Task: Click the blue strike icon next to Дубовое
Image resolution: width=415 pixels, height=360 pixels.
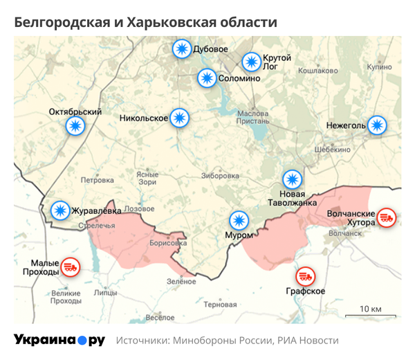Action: coord(182,49)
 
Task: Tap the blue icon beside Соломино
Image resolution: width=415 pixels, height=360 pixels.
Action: coord(206,78)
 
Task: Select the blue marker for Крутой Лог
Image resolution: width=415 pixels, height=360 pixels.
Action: coord(251,61)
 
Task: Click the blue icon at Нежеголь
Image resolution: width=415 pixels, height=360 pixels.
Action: coord(377,125)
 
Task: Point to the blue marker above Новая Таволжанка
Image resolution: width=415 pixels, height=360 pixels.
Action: coord(293,179)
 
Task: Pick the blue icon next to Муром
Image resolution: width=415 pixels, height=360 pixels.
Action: coord(239,221)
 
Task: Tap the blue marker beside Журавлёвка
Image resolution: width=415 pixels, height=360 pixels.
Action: coord(61,210)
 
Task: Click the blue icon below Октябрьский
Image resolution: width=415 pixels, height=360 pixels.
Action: coord(75,126)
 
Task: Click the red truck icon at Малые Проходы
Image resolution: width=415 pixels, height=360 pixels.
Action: coord(70,266)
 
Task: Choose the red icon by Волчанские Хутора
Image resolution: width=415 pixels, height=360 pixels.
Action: coord(387,218)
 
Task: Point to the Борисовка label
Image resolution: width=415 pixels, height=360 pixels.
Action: coord(167,243)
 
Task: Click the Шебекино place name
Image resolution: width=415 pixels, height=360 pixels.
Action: coord(332,149)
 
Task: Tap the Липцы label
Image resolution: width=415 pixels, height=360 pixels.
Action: coord(105,292)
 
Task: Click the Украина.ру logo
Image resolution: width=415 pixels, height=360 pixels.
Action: coord(59,340)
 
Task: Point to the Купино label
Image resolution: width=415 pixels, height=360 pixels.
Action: coord(379,67)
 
